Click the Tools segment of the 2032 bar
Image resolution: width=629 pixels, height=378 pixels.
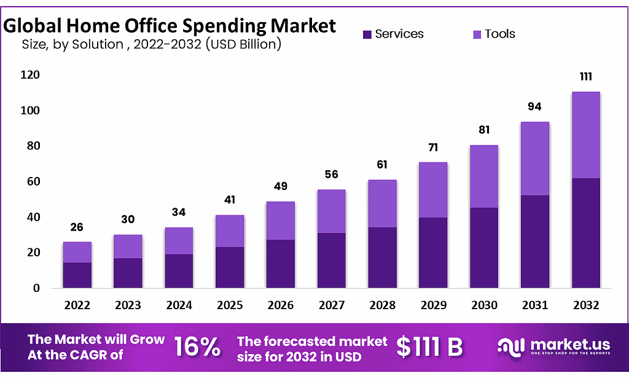pyautogui.click(x=585, y=135)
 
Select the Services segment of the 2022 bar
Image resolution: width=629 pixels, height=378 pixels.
pyautogui.click(x=77, y=275)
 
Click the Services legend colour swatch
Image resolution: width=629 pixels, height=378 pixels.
pyautogui.click(x=367, y=34)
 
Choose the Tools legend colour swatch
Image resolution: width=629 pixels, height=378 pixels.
pyautogui.click(x=477, y=34)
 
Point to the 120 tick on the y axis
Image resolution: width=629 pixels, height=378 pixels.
pyautogui.click(x=31, y=75)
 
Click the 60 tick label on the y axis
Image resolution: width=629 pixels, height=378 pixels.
pyautogui.click(x=33, y=181)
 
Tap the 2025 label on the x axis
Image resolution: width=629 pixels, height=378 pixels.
pyautogui.click(x=230, y=305)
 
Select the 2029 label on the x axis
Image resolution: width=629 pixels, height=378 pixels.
pyautogui.click(x=433, y=305)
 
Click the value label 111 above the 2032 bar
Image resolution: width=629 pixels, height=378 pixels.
pyautogui.click(x=585, y=78)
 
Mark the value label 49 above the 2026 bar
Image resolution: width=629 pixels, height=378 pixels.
pyautogui.click(x=280, y=186)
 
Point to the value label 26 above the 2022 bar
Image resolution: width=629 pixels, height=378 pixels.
pyautogui.click(x=77, y=227)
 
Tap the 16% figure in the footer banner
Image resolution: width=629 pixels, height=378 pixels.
pyautogui.click(x=197, y=347)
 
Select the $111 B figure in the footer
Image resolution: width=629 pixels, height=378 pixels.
pyautogui.click(x=429, y=347)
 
